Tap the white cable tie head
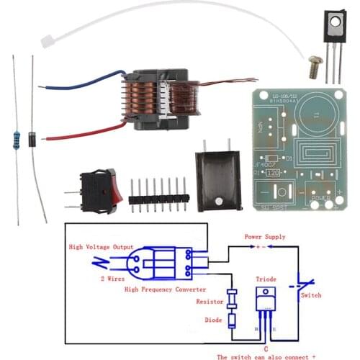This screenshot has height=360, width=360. point(48,40)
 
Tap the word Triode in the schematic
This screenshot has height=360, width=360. point(265,278)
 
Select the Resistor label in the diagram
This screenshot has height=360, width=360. point(210,303)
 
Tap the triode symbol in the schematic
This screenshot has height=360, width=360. point(266,302)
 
